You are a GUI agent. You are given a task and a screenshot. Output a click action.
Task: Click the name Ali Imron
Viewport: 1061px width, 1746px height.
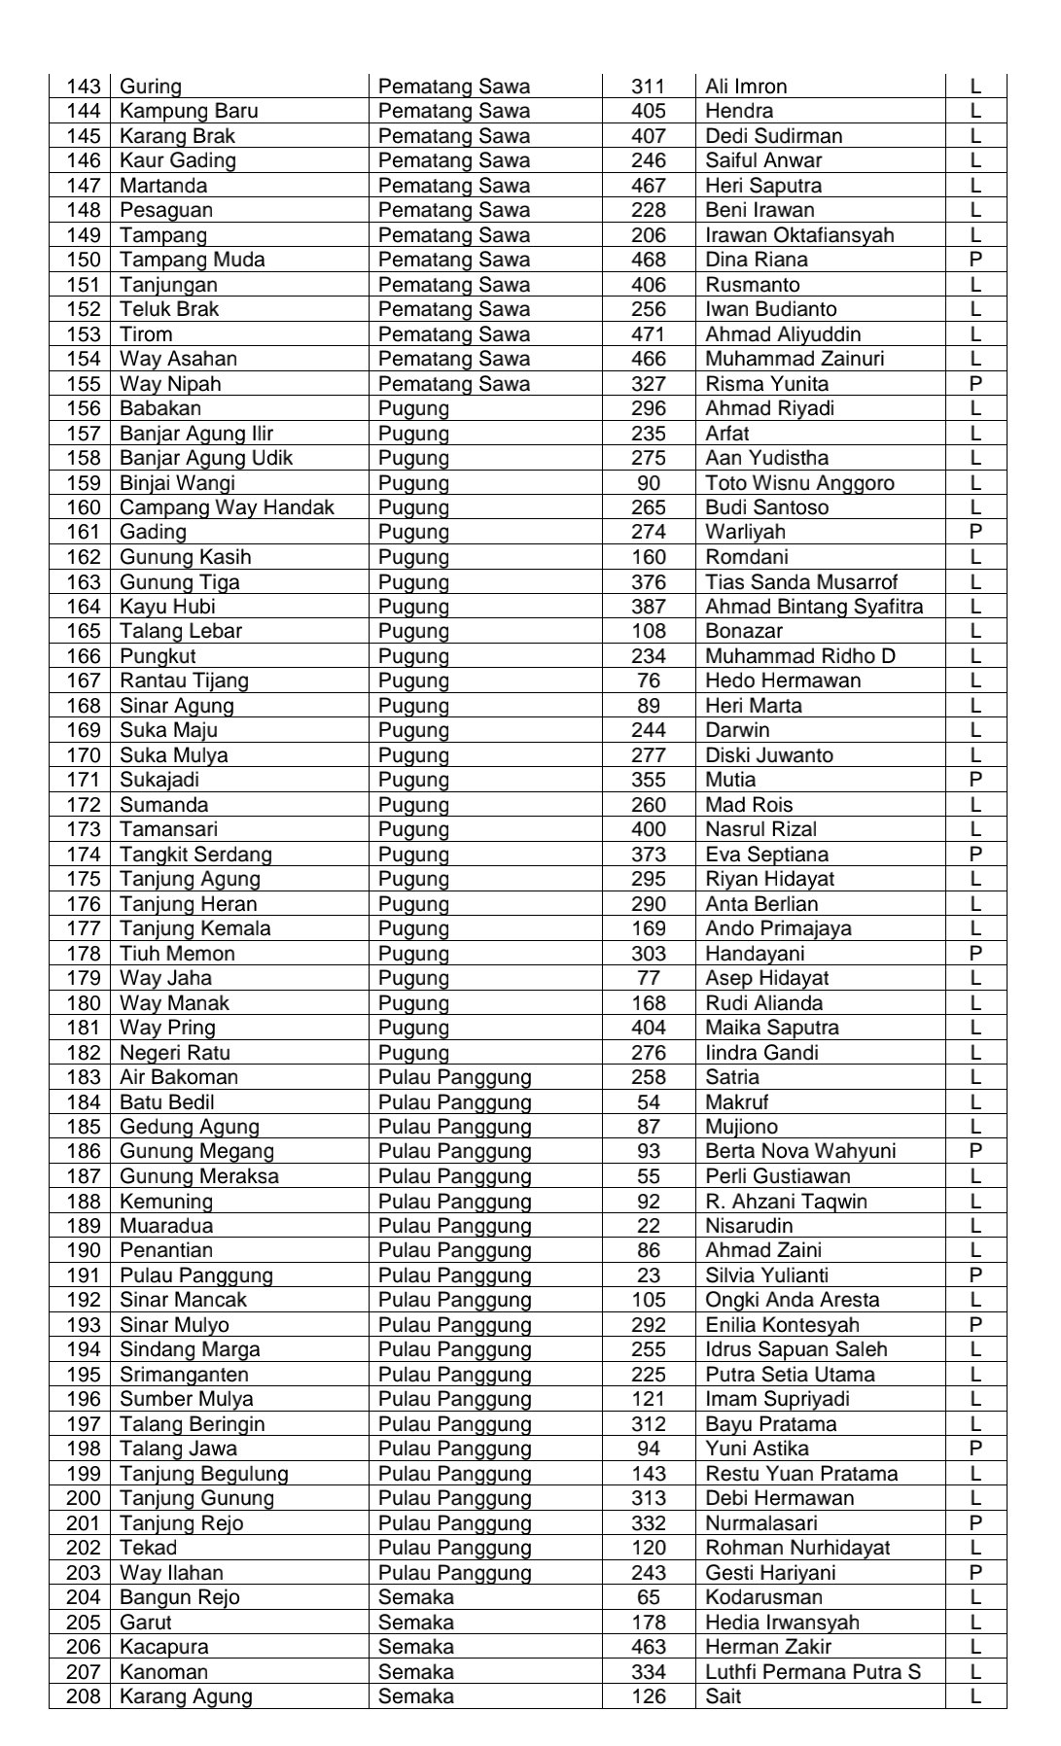(x=746, y=87)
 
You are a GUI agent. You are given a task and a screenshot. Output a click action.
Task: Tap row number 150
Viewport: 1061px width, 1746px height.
(x=84, y=260)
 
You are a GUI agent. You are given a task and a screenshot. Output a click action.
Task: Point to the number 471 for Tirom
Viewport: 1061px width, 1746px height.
(x=649, y=334)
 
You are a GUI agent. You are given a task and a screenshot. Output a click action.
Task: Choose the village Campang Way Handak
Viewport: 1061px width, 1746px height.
(x=227, y=507)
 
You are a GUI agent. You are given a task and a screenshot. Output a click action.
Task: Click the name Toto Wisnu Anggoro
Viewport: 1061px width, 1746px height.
(x=799, y=483)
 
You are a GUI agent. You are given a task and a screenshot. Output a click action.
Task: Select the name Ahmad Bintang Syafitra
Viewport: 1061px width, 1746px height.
(x=814, y=607)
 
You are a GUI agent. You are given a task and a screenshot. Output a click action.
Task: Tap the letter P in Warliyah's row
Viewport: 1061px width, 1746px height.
(x=975, y=532)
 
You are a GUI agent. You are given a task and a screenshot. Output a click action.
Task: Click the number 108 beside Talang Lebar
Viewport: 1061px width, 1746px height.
(x=649, y=631)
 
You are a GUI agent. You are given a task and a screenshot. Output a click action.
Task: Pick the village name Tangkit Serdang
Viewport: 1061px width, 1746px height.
(x=195, y=855)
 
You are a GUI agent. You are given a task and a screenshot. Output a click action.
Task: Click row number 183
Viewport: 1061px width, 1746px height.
(x=84, y=1077)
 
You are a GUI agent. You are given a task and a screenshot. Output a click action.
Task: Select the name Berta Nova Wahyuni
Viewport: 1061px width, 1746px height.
(x=800, y=1151)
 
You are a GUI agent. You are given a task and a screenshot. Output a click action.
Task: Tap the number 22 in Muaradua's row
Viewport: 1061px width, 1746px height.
(x=649, y=1226)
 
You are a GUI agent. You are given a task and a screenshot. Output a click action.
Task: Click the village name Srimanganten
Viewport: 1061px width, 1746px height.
(x=184, y=1375)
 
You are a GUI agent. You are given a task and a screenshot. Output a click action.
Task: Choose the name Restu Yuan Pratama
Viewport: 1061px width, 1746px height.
(x=801, y=1474)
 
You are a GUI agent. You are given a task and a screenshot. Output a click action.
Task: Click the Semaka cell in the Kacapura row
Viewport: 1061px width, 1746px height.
(x=415, y=1647)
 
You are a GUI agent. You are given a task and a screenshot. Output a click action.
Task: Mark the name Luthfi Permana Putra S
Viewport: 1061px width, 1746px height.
(x=813, y=1672)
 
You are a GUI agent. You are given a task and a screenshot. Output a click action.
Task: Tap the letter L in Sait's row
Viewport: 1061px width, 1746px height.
(x=975, y=1696)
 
